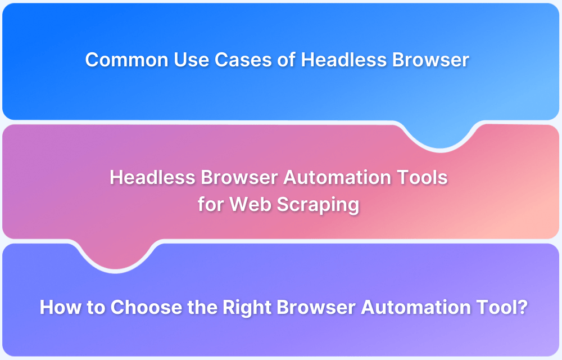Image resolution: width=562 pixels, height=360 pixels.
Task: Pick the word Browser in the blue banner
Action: (430, 60)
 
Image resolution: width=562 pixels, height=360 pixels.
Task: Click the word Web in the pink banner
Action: (245, 204)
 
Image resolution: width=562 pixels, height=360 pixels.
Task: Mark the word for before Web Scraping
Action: (210, 204)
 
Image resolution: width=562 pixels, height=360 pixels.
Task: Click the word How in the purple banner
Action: (58, 307)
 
